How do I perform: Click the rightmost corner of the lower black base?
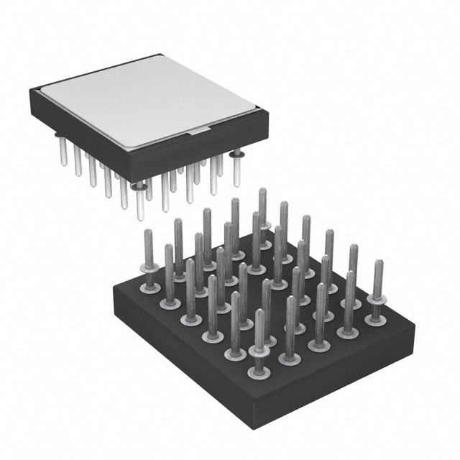(x=415, y=323)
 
